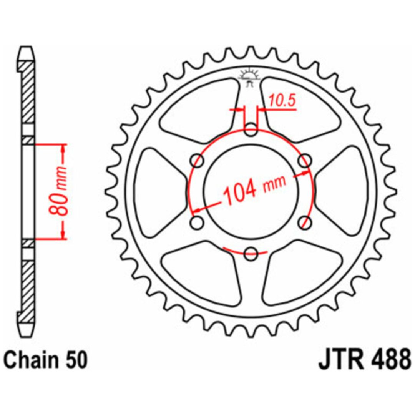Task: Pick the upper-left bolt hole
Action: (x=197, y=161)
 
